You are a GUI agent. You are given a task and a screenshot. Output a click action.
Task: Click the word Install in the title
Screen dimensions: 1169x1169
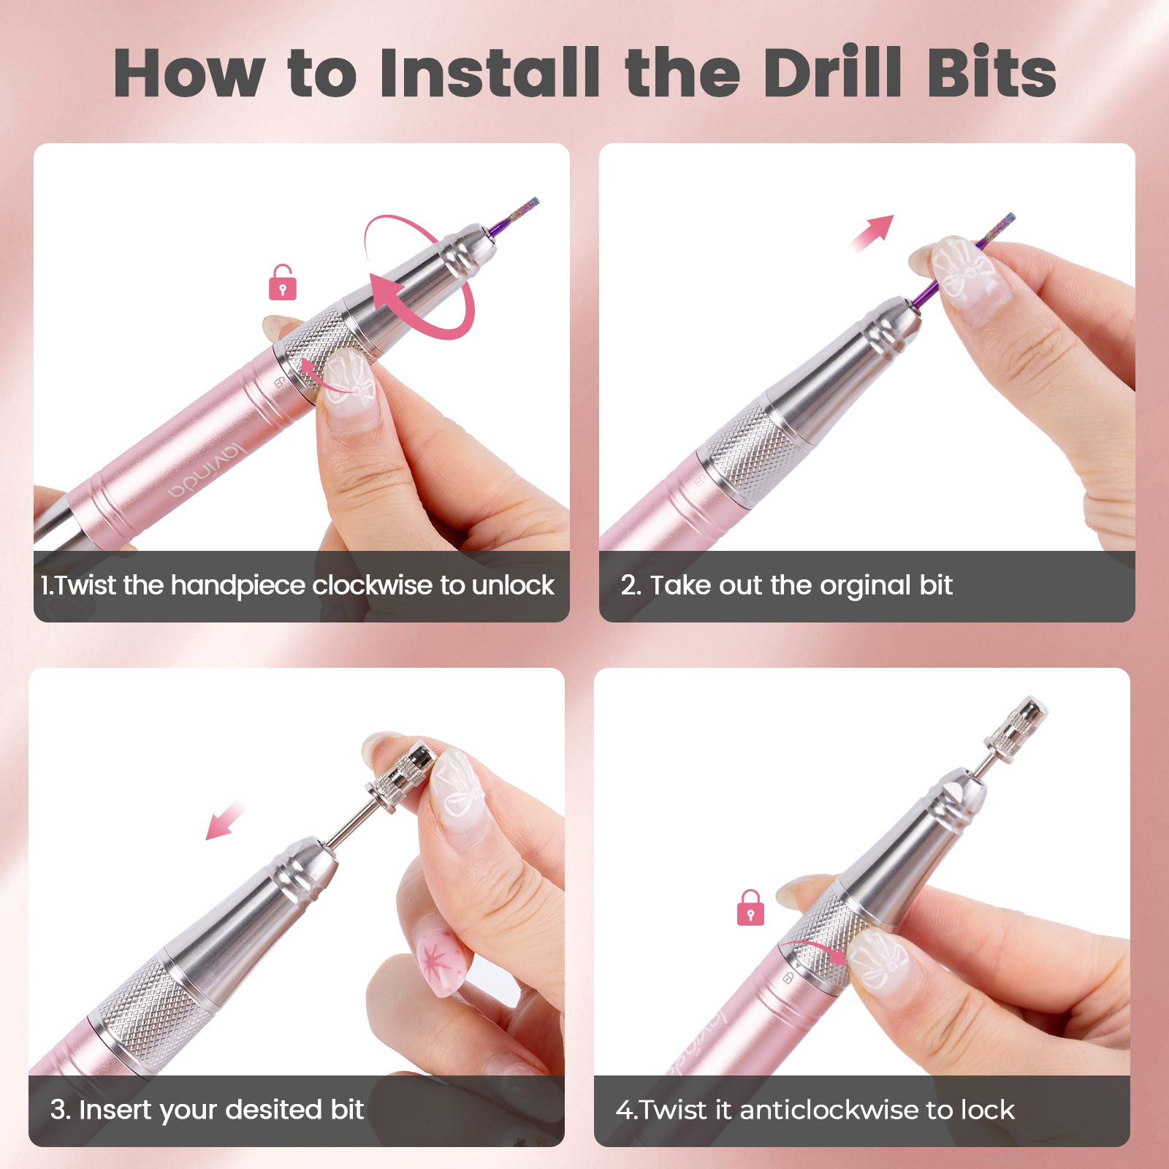[x=489, y=72]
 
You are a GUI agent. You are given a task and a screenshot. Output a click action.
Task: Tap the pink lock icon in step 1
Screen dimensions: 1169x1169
[x=283, y=283]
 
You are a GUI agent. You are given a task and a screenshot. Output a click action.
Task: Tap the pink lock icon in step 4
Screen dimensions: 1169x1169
[x=750, y=908]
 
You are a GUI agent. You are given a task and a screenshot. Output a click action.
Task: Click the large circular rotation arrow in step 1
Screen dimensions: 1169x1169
[x=419, y=278]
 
